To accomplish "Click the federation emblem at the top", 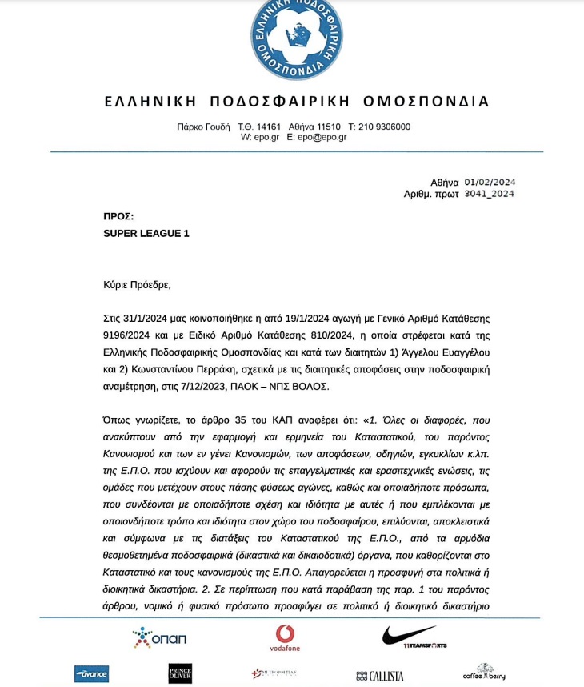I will tap(297, 38).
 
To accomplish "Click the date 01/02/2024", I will tap(490, 182).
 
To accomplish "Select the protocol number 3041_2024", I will tap(489, 194).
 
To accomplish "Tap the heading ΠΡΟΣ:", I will tap(118, 216).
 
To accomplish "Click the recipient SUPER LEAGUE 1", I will tap(146, 234).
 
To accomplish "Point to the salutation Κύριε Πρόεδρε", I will tap(137, 284).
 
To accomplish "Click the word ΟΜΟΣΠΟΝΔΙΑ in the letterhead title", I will tap(426, 102).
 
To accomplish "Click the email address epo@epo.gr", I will tap(322, 137).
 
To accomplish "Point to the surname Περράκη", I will tap(257, 369).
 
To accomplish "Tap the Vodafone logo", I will tap(285, 637).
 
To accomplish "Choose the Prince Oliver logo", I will tap(180, 673).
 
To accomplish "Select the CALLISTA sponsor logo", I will tap(380, 676).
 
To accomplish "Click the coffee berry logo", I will tap(484, 672).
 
